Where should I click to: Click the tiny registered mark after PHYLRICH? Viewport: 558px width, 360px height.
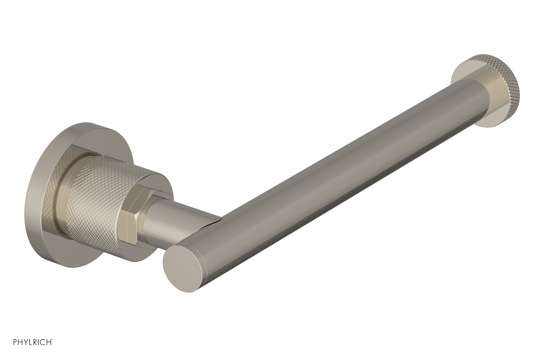pos(53,348)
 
